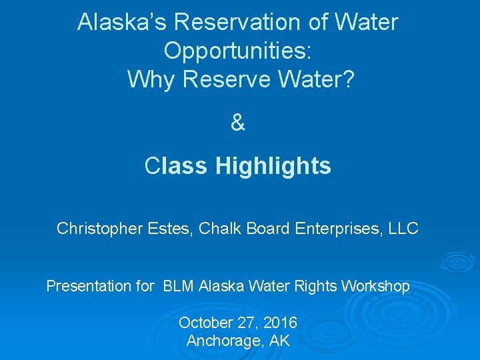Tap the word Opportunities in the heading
(238, 51)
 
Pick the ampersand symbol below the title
(238, 123)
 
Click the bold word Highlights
(273, 166)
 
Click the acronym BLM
(179, 287)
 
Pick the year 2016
(280, 323)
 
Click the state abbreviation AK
(280, 341)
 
